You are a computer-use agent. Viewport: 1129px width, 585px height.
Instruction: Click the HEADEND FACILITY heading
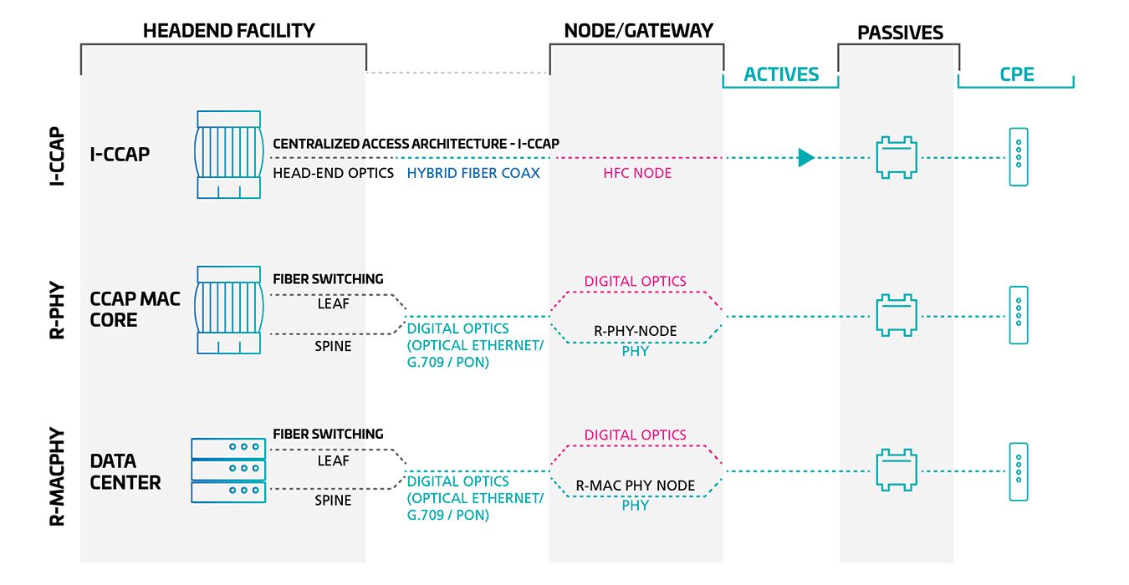(x=229, y=31)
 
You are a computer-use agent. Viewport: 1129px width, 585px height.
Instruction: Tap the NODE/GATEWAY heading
(x=639, y=31)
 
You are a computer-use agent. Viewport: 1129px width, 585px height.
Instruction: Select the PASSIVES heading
(x=900, y=33)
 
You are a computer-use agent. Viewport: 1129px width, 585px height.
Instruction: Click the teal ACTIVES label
(x=781, y=74)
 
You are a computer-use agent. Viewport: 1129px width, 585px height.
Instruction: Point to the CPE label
(x=1017, y=74)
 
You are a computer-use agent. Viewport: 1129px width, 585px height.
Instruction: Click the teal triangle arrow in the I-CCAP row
(x=806, y=158)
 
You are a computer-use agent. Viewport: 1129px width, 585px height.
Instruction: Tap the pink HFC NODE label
(x=637, y=173)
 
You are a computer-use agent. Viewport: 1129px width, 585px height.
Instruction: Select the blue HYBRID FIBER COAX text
(x=473, y=173)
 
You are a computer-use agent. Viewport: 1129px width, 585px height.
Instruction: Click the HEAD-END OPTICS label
(x=333, y=173)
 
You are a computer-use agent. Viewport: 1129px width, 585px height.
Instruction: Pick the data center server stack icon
(x=228, y=471)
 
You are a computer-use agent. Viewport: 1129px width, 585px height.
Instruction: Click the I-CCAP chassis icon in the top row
(x=229, y=155)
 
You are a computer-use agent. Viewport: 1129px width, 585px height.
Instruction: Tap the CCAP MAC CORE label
(x=135, y=309)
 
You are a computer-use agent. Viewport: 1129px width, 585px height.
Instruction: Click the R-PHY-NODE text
(x=635, y=331)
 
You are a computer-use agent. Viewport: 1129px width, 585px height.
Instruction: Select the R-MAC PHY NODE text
(x=635, y=486)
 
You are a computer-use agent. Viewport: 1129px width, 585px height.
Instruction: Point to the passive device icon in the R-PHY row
(x=897, y=315)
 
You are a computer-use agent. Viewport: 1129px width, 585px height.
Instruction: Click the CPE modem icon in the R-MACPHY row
(x=1018, y=472)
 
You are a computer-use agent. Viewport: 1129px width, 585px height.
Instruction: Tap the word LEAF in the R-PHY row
(x=333, y=304)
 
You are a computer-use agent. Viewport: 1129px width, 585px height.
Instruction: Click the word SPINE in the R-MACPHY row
(x=333, y=501)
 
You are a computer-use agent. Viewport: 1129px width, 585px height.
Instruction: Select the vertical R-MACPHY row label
(x=57, y=476)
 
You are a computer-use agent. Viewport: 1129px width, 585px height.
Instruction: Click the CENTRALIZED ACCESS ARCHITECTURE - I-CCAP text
(x=416, y=144)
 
